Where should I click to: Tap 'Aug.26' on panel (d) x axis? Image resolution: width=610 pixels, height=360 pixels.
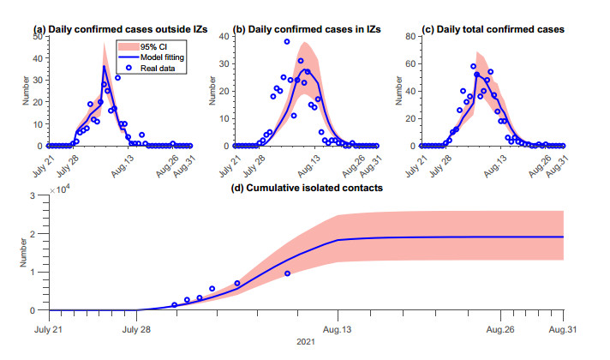[x=500, y=328]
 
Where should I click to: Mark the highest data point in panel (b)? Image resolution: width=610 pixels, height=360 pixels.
[x=287, y=42]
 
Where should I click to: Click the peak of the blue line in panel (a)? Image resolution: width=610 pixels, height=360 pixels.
[x=104, y=66]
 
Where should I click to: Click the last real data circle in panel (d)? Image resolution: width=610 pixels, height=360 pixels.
[x=288, y=273]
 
